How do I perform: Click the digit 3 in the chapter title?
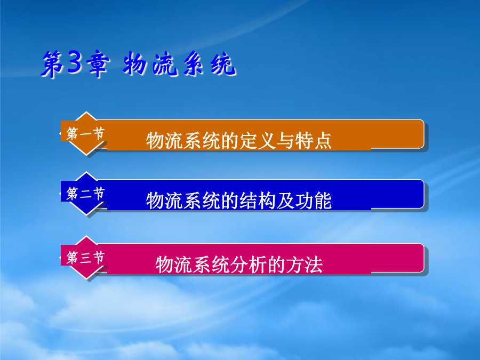75,62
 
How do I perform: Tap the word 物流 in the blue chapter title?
150,63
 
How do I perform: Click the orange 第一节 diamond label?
86,134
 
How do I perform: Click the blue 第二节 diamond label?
86,194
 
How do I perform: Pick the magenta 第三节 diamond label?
86,258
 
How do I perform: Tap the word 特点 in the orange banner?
313,140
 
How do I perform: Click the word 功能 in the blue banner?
313,201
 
